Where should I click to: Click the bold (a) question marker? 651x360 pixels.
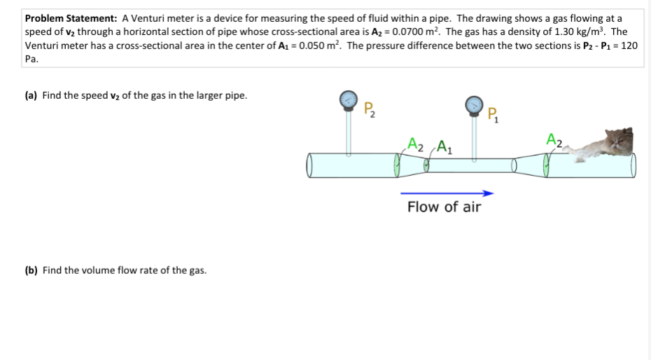pyautogui.click(x=31, y=95)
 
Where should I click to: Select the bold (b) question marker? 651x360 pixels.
pyautogui.click(x=31, y=270)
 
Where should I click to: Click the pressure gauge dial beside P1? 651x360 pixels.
pyautogui.click(x=474, y=104)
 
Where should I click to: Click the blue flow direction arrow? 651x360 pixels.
pyautogui.click(x=447, y=193)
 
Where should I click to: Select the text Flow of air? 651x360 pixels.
pyautogui.click(x=444, y=207)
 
